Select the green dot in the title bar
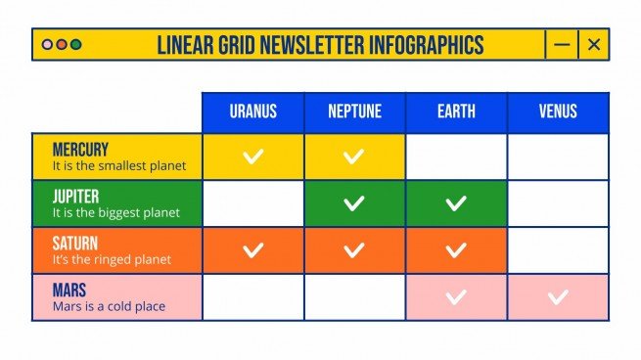76,45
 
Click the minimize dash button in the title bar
561,44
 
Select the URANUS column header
252,112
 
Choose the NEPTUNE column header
354,112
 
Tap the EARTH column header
456,112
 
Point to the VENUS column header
558,112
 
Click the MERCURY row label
80,150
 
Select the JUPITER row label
77,197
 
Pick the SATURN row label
75,244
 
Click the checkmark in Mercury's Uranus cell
252,157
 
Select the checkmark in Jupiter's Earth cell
456,203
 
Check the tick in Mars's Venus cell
558,297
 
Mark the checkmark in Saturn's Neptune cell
354,250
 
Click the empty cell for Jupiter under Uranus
252,203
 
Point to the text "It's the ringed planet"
112,259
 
